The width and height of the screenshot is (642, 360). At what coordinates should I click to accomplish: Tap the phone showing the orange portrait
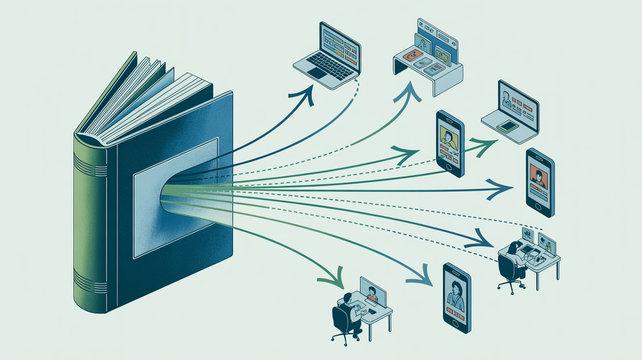tap(539, 182)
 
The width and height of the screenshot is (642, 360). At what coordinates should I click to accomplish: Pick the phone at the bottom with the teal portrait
tap(457, 297)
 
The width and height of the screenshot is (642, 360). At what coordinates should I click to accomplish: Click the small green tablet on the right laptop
tap(507, 126)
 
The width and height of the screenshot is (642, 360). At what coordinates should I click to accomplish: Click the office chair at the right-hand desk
tap(509, 272)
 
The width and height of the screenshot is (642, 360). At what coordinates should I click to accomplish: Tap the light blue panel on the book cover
tap(176, 196)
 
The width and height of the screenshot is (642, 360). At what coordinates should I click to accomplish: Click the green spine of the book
tap(88, 220)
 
